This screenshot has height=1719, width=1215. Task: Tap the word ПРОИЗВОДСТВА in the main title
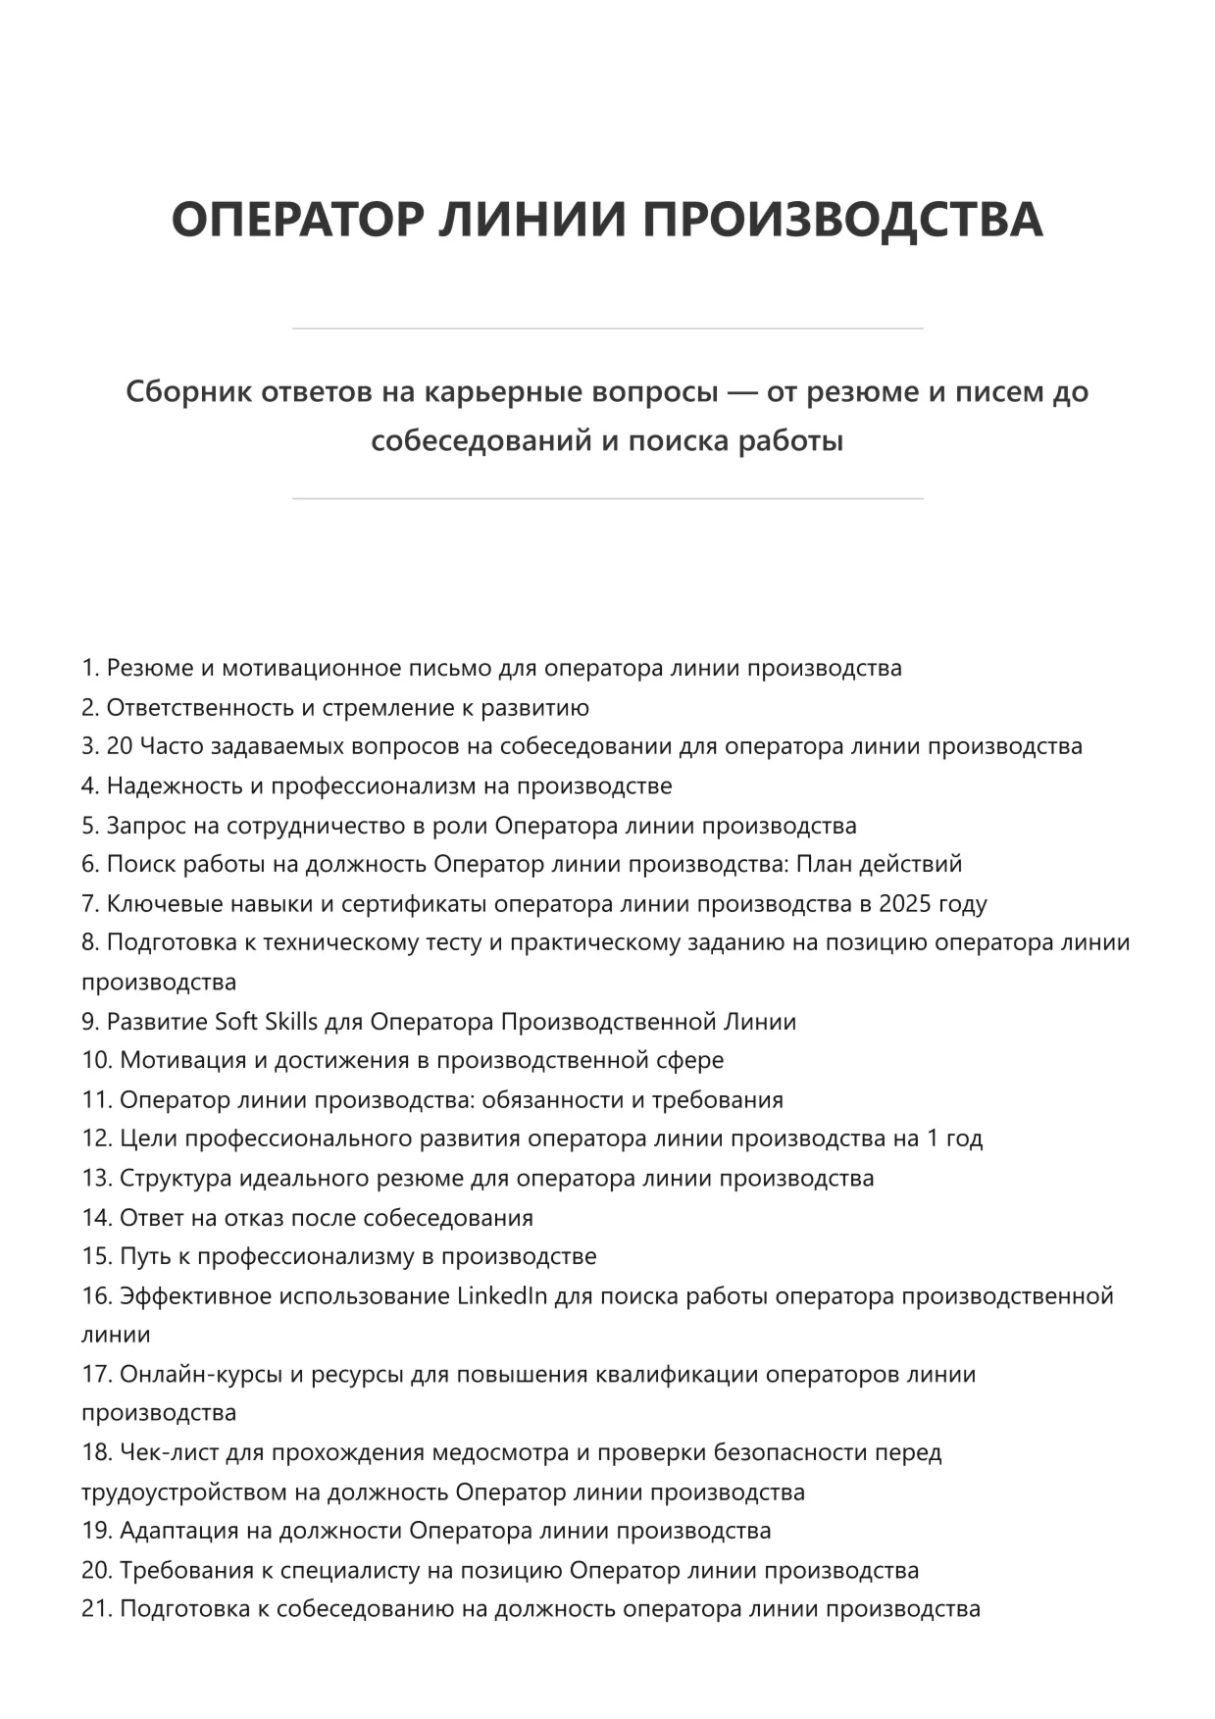(x=842, y=219)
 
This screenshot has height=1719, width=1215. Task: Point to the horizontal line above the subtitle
(x=607, y=329)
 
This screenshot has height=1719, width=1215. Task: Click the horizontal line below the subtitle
(x=607, y=499)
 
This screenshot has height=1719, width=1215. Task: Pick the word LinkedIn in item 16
(x=502, y=1295)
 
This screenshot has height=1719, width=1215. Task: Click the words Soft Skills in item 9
(x=266, y=1021)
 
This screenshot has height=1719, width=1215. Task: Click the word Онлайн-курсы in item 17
(x=199, y=1374)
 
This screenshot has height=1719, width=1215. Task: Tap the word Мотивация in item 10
(x=179, y=1060)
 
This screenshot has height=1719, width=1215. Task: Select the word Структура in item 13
(x=174, y=1178)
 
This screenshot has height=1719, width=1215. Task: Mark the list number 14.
(x=96, y=1217)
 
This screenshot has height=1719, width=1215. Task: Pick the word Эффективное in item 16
(x=193, y=1295)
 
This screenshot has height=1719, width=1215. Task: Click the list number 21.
(x=96, y=1609)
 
